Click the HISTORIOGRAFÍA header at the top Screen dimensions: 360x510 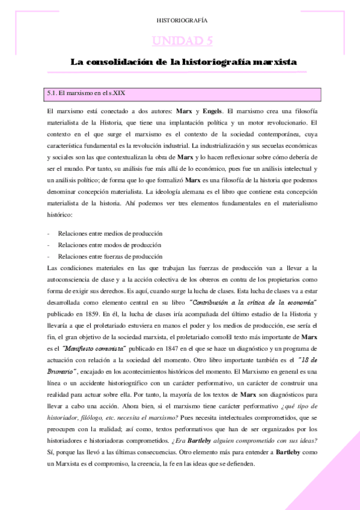[180, 20]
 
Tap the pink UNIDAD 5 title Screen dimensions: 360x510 [180, 41]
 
